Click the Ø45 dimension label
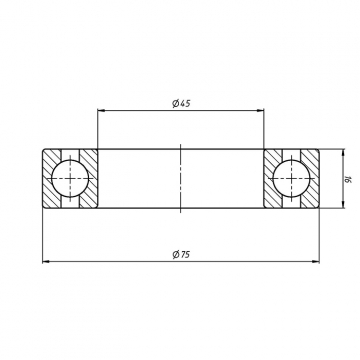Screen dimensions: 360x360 [181, 103]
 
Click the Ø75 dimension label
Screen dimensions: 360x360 [181, 255]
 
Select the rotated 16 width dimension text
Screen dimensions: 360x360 [349, 180]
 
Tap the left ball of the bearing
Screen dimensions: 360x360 [70, 178]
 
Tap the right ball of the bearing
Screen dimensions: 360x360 [291, 178]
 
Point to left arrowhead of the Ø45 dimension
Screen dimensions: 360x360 [101, 110]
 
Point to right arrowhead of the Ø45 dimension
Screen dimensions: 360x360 [260, 110]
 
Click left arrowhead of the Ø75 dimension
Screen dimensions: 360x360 [46, 262]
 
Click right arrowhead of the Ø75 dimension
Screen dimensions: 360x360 [315, 262]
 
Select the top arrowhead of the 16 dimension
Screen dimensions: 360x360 [344, 153]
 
